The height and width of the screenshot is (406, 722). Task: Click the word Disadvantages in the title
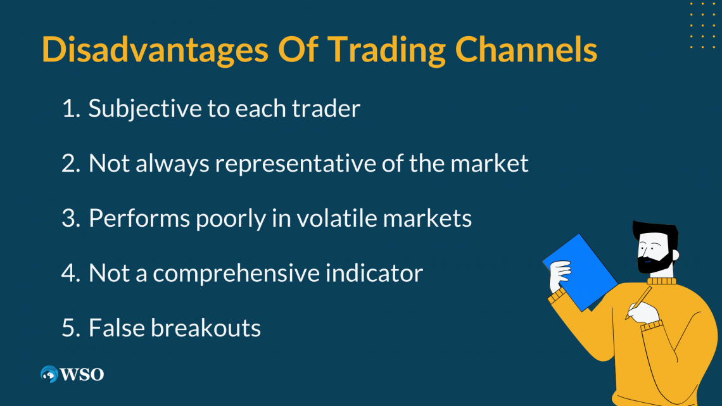pos(155,49)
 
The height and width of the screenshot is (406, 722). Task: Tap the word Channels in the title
pos(526,49)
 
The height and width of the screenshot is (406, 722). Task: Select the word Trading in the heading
pos(386,49)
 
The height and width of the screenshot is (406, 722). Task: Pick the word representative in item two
pos(296,164)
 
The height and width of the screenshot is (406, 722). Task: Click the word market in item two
pos(490,163)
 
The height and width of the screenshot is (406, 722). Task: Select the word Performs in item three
pos(139,218)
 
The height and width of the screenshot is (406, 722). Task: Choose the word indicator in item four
pos(374,272)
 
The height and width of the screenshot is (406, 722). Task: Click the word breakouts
pos(205,327)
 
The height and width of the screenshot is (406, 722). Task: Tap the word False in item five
pos(117,327)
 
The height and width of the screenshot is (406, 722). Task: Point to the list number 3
pos(71,218)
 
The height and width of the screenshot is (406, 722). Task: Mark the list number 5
pos(71,328)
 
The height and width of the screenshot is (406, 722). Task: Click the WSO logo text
pos(82,374)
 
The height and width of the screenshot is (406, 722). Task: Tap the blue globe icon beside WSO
pos(49,374)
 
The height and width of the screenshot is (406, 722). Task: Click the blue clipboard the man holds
pos(580,272)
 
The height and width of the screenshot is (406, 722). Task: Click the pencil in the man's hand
pos(638,302)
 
